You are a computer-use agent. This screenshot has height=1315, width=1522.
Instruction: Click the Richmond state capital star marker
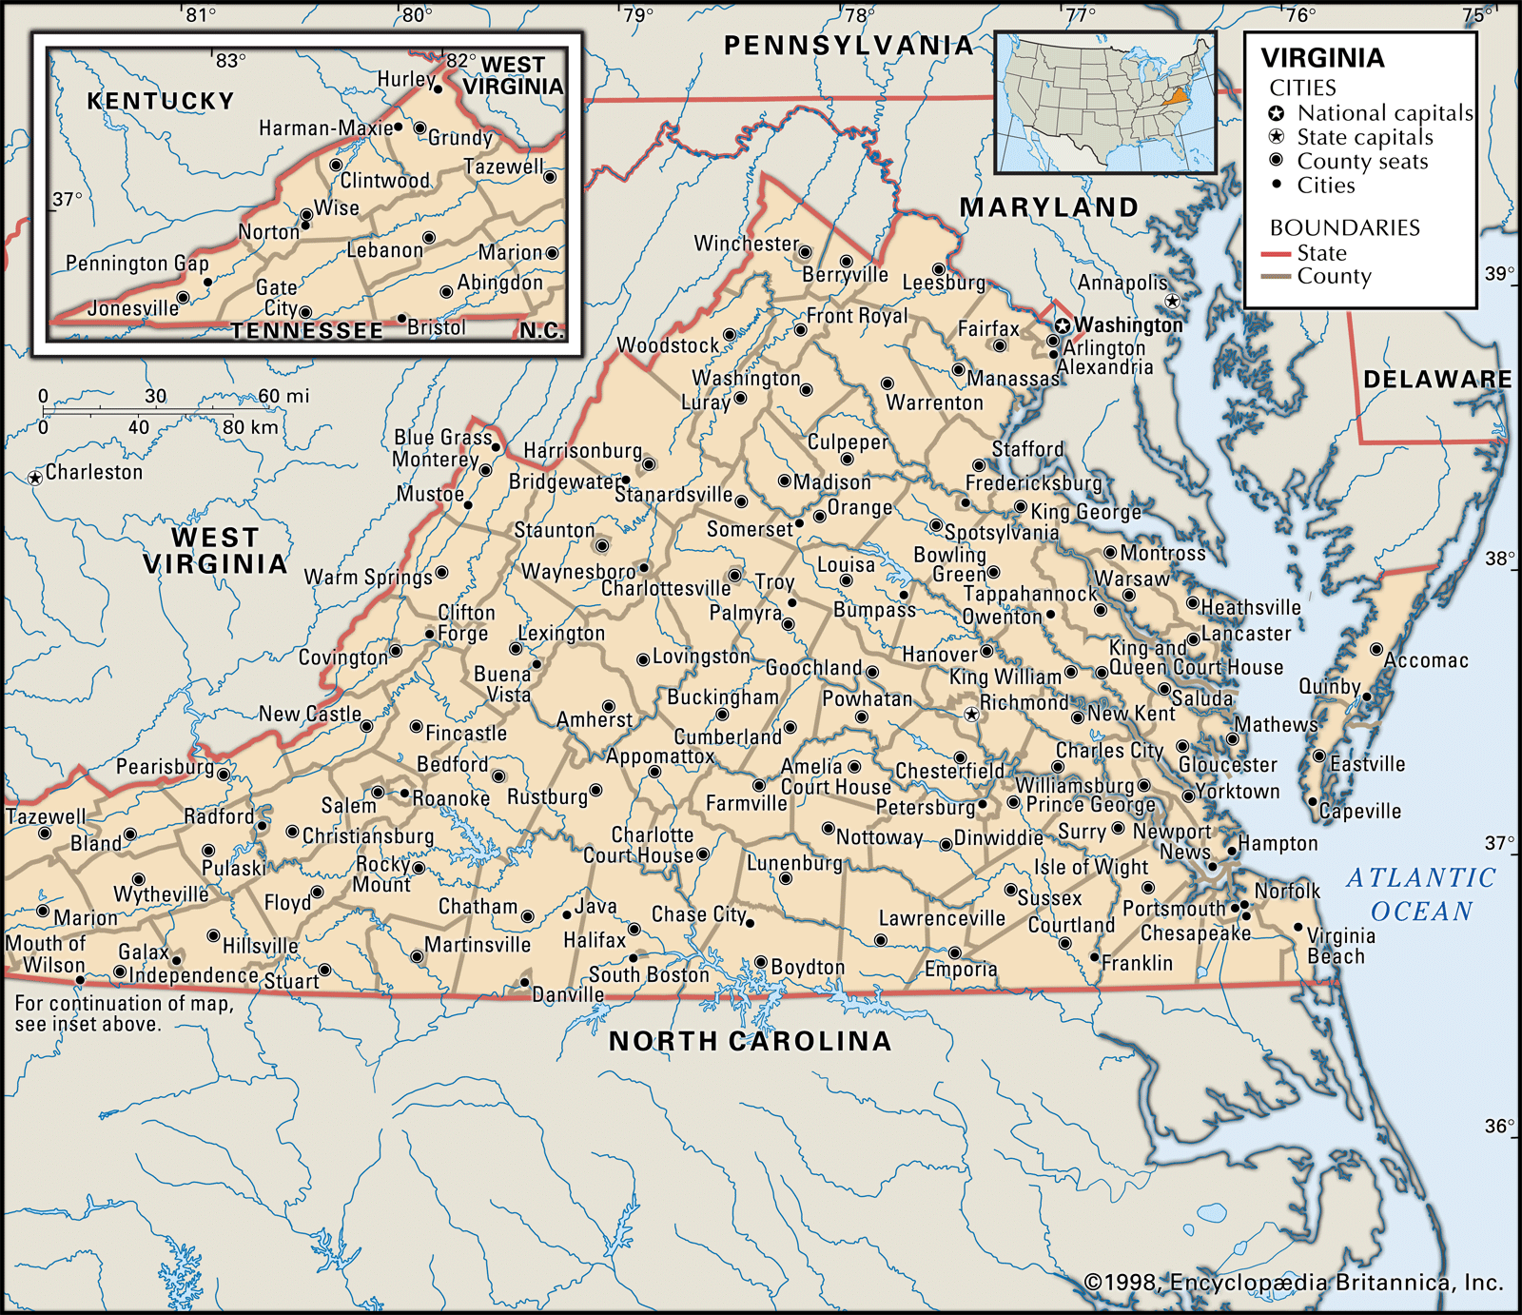970,714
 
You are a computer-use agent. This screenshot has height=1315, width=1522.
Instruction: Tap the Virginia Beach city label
1339,946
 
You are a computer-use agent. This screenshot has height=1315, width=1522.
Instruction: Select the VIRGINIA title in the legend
1322,58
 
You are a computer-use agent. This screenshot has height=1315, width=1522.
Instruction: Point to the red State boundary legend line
1275,254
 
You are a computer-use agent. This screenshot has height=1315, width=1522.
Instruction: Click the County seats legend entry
1361,162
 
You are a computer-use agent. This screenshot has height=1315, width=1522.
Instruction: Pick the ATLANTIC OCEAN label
1421,894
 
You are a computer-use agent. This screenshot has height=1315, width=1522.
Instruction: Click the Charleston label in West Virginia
93,473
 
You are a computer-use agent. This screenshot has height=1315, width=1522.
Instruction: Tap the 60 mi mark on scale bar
283,396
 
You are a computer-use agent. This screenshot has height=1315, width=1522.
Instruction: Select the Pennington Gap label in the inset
137,264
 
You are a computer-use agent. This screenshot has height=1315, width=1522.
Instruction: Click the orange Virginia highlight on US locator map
1179,95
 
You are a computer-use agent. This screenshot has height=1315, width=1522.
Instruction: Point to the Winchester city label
746,244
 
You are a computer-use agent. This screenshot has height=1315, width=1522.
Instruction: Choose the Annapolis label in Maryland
1122,283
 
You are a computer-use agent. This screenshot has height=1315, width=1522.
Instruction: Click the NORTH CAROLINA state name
750,1041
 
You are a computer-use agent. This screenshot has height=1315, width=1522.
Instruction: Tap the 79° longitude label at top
638,14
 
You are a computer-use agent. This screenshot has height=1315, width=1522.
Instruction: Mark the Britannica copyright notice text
1294,1283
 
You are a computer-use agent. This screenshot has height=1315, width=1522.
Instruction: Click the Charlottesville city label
666,589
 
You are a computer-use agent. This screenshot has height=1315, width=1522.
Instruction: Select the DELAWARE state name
1436,380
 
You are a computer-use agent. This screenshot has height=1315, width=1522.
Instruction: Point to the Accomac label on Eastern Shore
1425,660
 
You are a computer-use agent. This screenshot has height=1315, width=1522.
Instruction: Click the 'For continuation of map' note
124,1013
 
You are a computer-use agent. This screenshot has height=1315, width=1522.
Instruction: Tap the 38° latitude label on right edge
1499,559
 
